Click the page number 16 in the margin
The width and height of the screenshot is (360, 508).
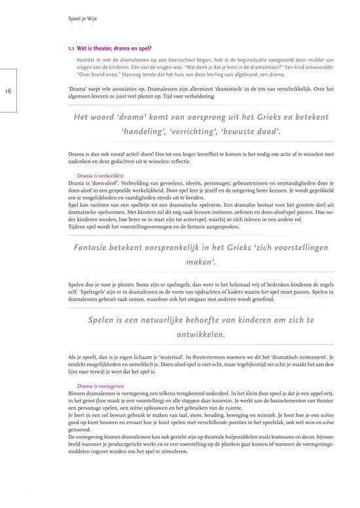point(11,92)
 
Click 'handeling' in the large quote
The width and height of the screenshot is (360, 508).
point(147,132)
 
